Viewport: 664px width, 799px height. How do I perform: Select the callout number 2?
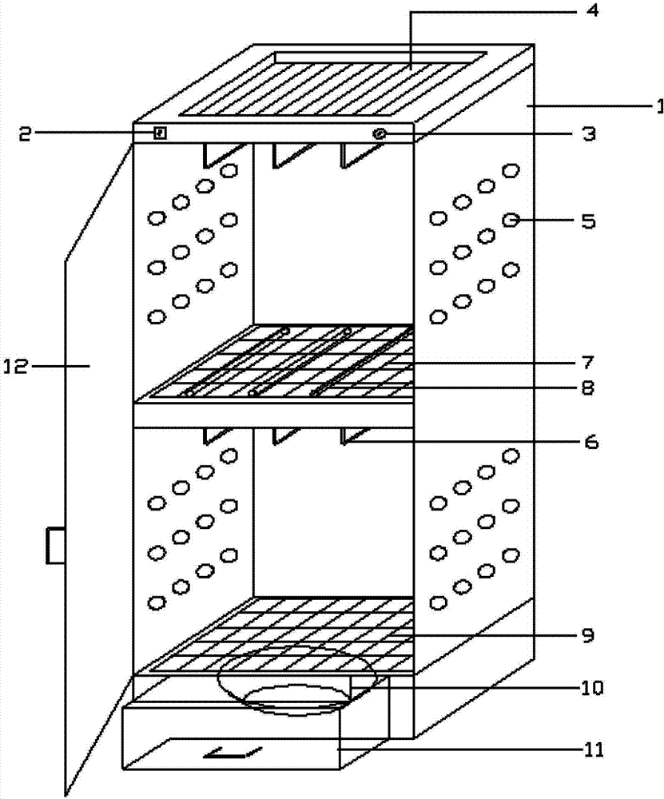(26, 133)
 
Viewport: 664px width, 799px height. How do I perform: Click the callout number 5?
(588, 221)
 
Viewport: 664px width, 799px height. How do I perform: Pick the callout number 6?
(589, 440)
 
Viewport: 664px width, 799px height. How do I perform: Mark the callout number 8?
(589, 390)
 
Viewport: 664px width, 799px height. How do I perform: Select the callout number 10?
(593, 687)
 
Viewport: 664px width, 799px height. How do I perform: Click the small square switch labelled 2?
(160, 133)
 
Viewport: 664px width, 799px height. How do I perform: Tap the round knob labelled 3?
(380, 134)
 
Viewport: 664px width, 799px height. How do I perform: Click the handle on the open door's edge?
(54, 547)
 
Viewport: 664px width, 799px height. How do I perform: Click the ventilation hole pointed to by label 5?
(510, 219)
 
